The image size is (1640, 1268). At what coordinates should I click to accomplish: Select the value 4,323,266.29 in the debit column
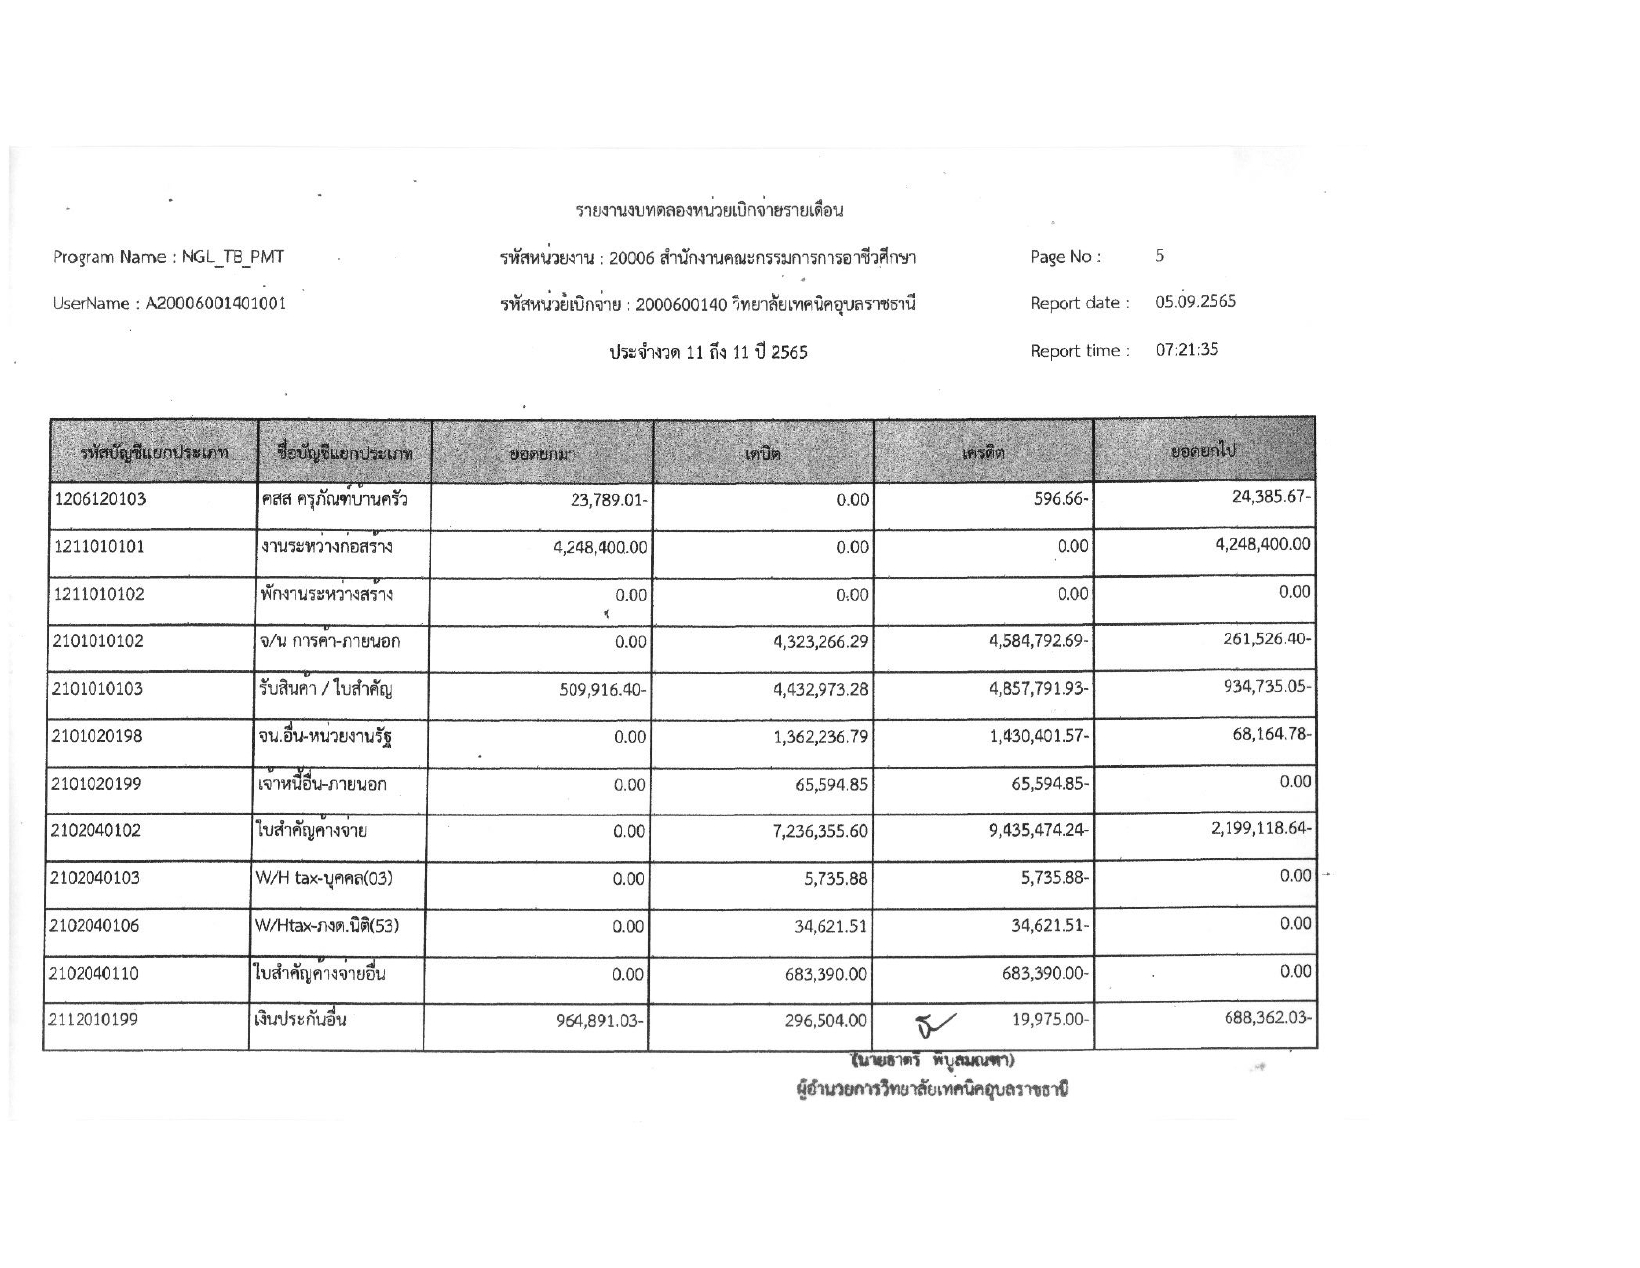pyautogui.click(x=820, y=642)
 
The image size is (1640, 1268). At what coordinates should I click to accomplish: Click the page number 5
pyautogui.click(x=1159, y=256)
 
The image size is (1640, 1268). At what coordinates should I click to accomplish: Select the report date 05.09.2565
pyautogui.click(x=1196, y=302)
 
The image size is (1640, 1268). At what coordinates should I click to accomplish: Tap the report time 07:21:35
pyautogui.click(x=1186, y=350)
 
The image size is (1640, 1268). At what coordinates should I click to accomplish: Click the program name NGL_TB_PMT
pyautogui.click(x=233, y=257)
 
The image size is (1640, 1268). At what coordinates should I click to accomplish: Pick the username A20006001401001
pyautogui.click(x=216, y=304)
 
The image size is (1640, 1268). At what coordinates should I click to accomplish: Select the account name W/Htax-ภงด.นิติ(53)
pyautogui.click(x=327, y=926)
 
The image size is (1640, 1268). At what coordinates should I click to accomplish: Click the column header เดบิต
pyautogui.click(x=763, y=453)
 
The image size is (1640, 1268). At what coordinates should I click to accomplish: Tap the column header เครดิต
pyautogui.click(x=984, y=453)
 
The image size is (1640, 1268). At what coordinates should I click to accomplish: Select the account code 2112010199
pyautogui.click(x=95, y=1020)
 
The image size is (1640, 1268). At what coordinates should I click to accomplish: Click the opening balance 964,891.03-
pyautogui.click(x=601, y=1021)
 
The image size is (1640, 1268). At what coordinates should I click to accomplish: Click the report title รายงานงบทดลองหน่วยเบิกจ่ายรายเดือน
pyautogui.click(x=710, y=211)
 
